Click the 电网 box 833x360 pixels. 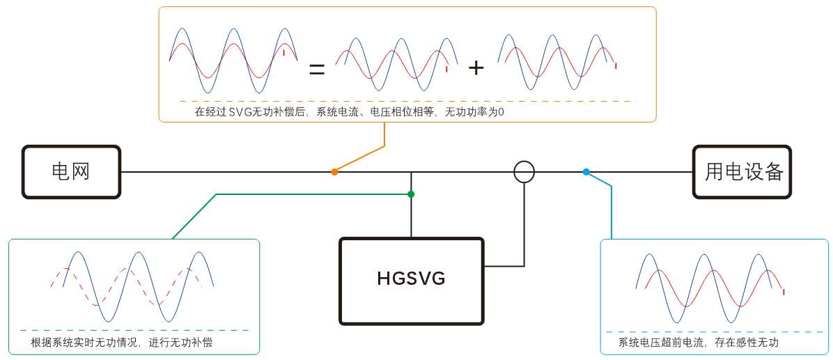pos(71,172)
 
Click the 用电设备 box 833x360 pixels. pos(742,172)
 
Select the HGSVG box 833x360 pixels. pos(411,281)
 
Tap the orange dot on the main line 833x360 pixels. pos(334,171)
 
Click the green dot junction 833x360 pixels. pos(411,194)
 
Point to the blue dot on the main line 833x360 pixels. pos(586,171)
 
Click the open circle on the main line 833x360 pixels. pos(524,171)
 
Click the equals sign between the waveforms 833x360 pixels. pos(317,68)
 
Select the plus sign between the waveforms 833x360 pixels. pos(476,68)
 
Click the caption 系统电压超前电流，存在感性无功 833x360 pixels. pos(698,343)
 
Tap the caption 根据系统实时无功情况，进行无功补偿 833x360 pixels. pos(122,343)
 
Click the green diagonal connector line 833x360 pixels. pos(195,216)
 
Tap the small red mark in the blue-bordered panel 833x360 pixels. pos(784,292)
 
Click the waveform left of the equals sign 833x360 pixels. pos(233,61)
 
